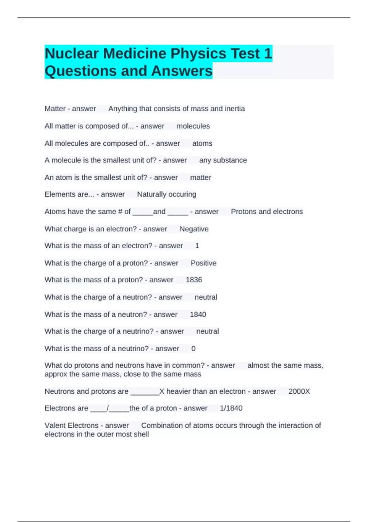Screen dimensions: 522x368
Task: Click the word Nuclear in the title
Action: pyautogui.click(x=72, y=54)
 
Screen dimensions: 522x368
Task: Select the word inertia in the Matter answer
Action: pyautogui.click(x=235, y=109)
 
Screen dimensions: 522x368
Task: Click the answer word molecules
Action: pyautogui.click(x=193, y=126)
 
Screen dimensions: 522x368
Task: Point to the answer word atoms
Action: pyautogui.click(x=202, y=143)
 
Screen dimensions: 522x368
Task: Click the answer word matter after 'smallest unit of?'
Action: pyautogui.click(x=201, y=177)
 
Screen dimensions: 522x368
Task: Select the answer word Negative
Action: pyautogui.click(x=194, y=229)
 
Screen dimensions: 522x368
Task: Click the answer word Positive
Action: pyautogui.click(x=203, y=263)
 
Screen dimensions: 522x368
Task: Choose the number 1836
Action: pyautogui.click(x=194, y=280)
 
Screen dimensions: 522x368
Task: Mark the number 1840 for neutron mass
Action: pyautogui.click(x=198, y=314)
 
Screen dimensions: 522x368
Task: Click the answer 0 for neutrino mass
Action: pyautogui.click(x=193, y=349)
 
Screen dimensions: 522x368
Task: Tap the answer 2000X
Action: pyautogui.click(x=299, y=391)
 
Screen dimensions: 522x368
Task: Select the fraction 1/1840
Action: pyautogui.click(x=231, y=408)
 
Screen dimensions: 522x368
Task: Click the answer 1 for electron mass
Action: pyautogui.click(x=197, y=246)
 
